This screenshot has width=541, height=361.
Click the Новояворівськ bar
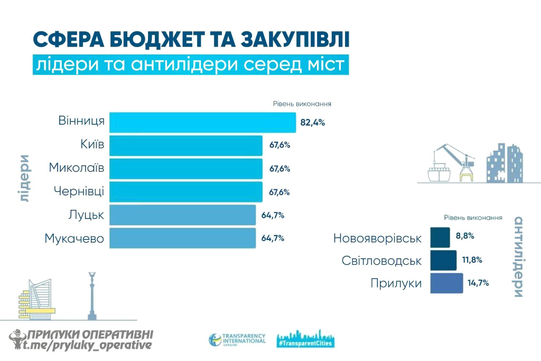coord(440,238)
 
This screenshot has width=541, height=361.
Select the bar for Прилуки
coord(446,283)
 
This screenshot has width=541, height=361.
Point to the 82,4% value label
coord(312,123)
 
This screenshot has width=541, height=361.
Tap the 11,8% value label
coord(472,260)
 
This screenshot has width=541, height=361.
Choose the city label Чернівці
coord(79,191)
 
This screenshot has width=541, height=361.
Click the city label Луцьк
coord(86,215)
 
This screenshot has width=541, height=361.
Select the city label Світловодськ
coord(381,261)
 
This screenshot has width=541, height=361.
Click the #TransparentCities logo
coord(305,340)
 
